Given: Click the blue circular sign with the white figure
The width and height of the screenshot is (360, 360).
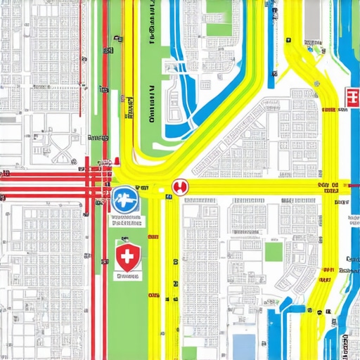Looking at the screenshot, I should pos(125,200).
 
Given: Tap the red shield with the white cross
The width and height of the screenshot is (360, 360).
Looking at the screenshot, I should pos(127,258).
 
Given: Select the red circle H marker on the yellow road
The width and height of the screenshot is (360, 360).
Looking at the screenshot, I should pos(181,187).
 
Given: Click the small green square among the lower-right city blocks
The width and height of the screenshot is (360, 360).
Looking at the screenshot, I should pos(274,252).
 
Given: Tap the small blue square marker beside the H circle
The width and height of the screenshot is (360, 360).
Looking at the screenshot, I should pos(169,198).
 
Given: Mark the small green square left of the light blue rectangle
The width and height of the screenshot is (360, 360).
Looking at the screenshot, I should pos(189,352).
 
